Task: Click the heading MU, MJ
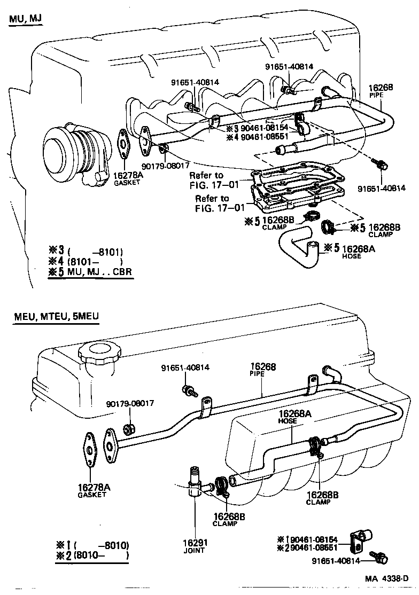pos(25,20)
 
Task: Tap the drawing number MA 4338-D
pos(386,579)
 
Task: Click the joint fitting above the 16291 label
pos(195,481)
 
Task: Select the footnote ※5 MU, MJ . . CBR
pos(90,272)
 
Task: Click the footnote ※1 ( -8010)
pos(92,545)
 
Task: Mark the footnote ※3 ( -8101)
pos(86,250)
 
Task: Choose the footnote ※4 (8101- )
pos(86,261)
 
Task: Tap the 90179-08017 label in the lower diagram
pos(130,403)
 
